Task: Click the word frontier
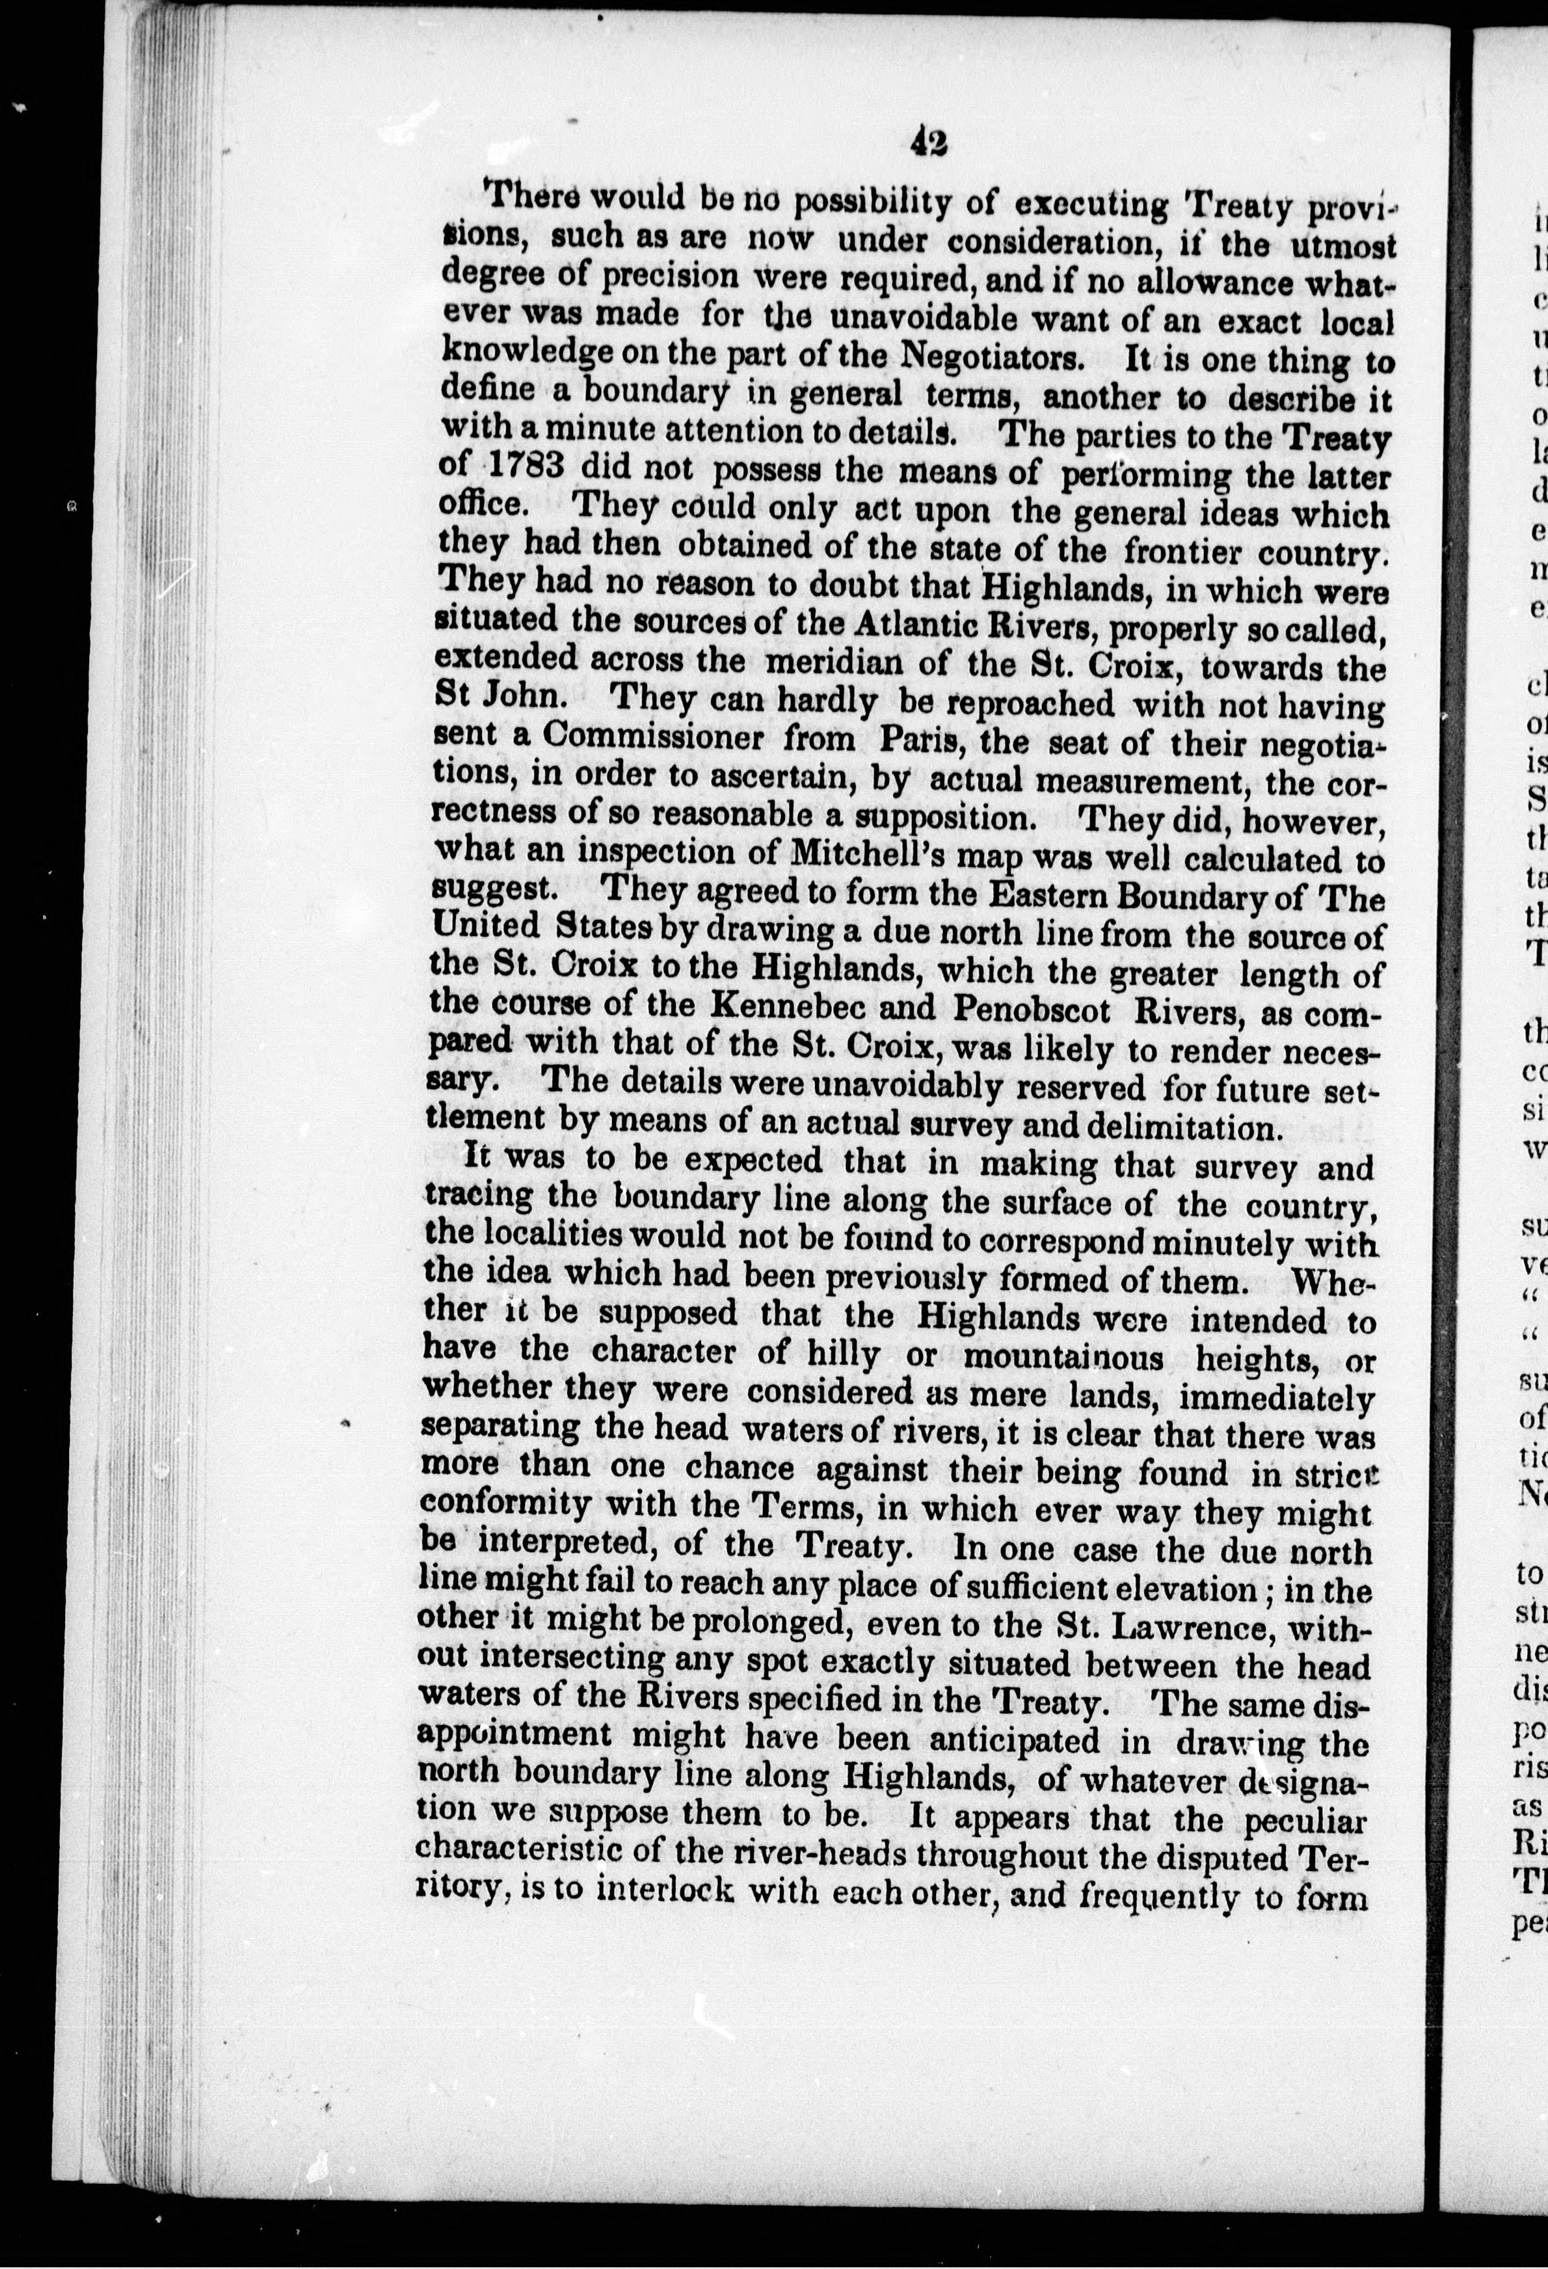coord(1183,552)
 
